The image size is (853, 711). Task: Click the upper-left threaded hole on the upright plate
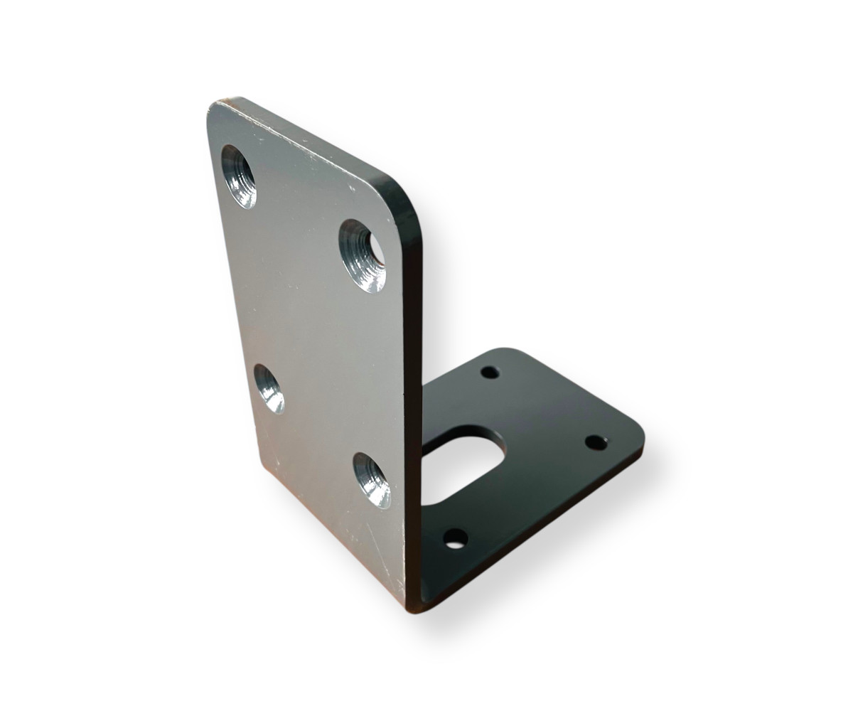pos(239,176)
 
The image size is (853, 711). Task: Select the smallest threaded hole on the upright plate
pos(269,388)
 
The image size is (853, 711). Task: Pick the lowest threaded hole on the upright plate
pos(372,480)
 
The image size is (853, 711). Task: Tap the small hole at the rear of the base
pos(490,372)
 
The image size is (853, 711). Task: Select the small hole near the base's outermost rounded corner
pos(596,442)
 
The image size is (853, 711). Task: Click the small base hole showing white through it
pos(456,538)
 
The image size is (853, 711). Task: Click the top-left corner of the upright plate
pos(213,107)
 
